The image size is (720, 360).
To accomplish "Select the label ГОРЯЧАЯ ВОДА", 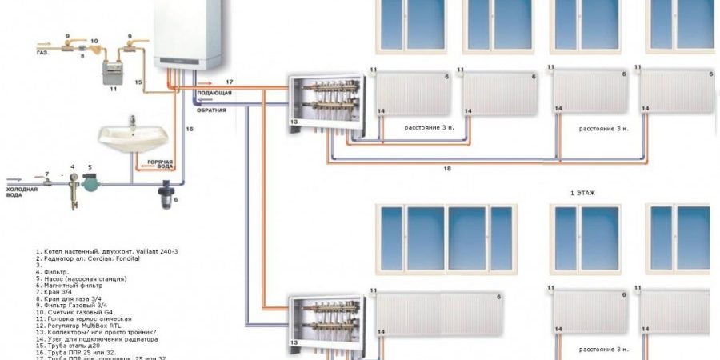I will [159, 166].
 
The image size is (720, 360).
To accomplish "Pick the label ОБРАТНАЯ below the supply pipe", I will [213, 109].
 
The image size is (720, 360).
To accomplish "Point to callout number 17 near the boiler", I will [229, 82].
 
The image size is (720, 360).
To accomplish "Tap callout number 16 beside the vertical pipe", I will [190, 128].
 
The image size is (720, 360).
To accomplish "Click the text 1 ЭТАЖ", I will [585, 194].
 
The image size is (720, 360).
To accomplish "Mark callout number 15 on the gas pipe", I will [138, 82].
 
